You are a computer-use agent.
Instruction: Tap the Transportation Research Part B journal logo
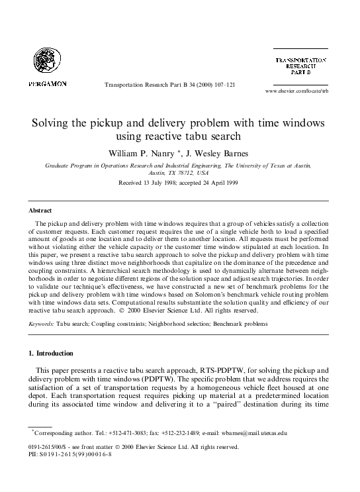click(x=300, y=66)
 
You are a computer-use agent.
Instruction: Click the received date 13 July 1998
click(x=150, y=182)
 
